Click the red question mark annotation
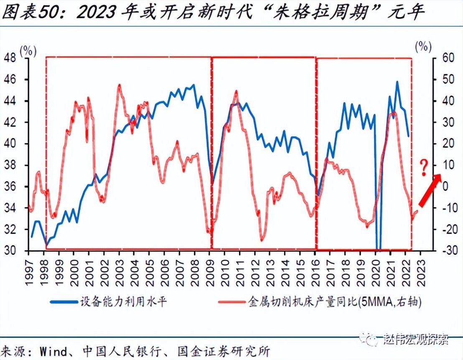point(424,167)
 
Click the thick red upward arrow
point(430,190)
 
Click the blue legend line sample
point(63,302)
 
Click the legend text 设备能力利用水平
point(123,302)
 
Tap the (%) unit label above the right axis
point(423,46)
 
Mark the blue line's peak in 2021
point(397,82)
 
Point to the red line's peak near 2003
point(119,85)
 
